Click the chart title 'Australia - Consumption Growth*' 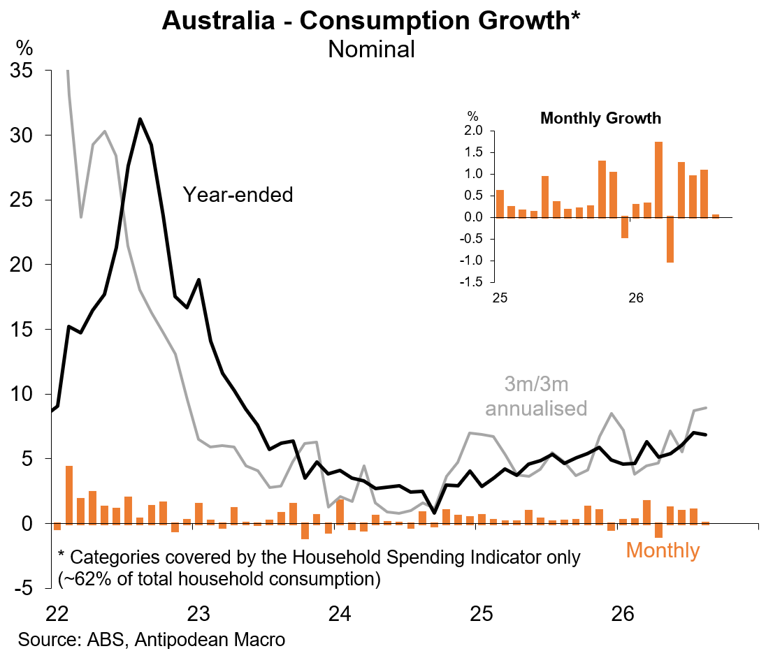(371, 21)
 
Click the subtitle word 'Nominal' (371, 50)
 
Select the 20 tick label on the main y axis (21, 265)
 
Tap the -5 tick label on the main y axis (24, 588)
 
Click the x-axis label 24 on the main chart (339, 613)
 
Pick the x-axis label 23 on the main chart (198, 613)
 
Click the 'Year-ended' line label (238, 195)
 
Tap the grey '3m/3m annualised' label (536, 396)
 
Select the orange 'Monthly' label (663, 550)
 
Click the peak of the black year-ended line (140, 119)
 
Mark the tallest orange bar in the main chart (69, 495)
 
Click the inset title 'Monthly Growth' (600, 118)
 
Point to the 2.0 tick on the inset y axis (472, 131)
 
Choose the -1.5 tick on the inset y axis (470, 281)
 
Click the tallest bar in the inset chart (658, 180)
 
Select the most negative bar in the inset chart (670, 240)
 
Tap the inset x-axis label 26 (635, 298)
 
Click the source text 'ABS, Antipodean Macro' (186, 639)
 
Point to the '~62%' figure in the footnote (81, 579)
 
